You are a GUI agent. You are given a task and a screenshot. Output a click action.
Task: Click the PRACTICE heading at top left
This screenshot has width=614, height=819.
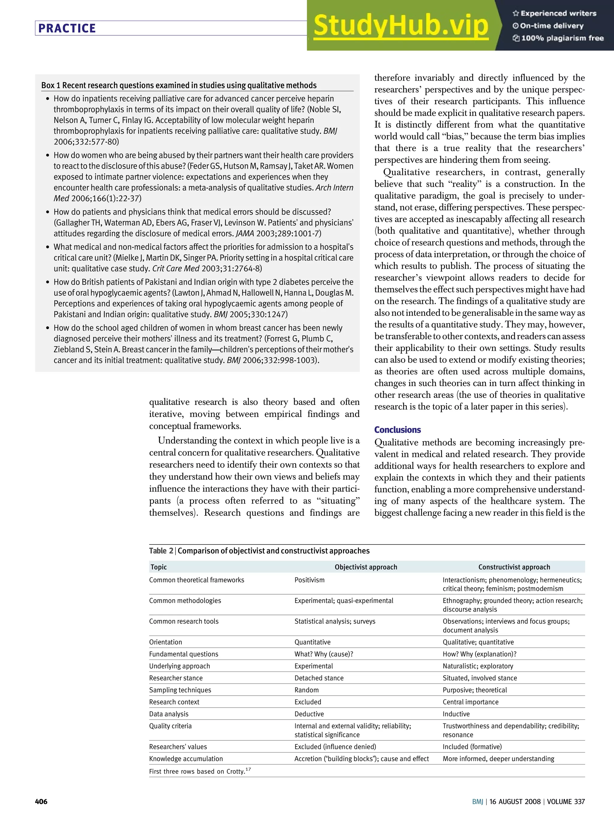[x=67, y=28]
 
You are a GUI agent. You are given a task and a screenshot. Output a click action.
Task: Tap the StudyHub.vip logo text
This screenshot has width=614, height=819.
[x=401, y=26]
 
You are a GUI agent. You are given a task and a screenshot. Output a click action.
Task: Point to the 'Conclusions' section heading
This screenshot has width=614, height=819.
[x=397, y=429]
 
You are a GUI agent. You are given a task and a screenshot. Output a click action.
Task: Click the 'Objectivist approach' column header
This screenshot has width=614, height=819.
[x=365, y=567]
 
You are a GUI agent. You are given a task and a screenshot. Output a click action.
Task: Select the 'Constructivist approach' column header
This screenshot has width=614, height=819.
[x=514, y=567]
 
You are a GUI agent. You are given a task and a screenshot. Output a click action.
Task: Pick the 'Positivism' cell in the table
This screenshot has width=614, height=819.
[x=309, y=580]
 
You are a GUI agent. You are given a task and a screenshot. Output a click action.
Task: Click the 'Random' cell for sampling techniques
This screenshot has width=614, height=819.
[x=306, y=690]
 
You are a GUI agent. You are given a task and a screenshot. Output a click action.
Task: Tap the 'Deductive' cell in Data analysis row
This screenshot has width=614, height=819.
[x=309, y=714]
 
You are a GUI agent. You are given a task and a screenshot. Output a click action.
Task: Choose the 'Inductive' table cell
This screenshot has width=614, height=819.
[x=456, y=714]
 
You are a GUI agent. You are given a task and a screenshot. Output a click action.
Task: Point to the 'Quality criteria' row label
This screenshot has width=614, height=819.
[x=170, y=726]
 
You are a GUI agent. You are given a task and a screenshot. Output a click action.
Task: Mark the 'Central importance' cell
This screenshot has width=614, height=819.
[x=470, y=702]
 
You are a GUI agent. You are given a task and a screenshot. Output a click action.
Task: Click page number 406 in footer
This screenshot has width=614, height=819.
[x=41, y=802]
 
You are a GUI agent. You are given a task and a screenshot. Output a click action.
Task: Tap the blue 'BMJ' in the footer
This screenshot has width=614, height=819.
[x=477, y=802]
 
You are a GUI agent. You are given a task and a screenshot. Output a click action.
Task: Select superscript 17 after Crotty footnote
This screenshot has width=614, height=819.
[x=248, y=769]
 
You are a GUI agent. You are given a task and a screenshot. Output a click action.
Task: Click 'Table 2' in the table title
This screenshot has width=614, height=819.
[x=161, y=550]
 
